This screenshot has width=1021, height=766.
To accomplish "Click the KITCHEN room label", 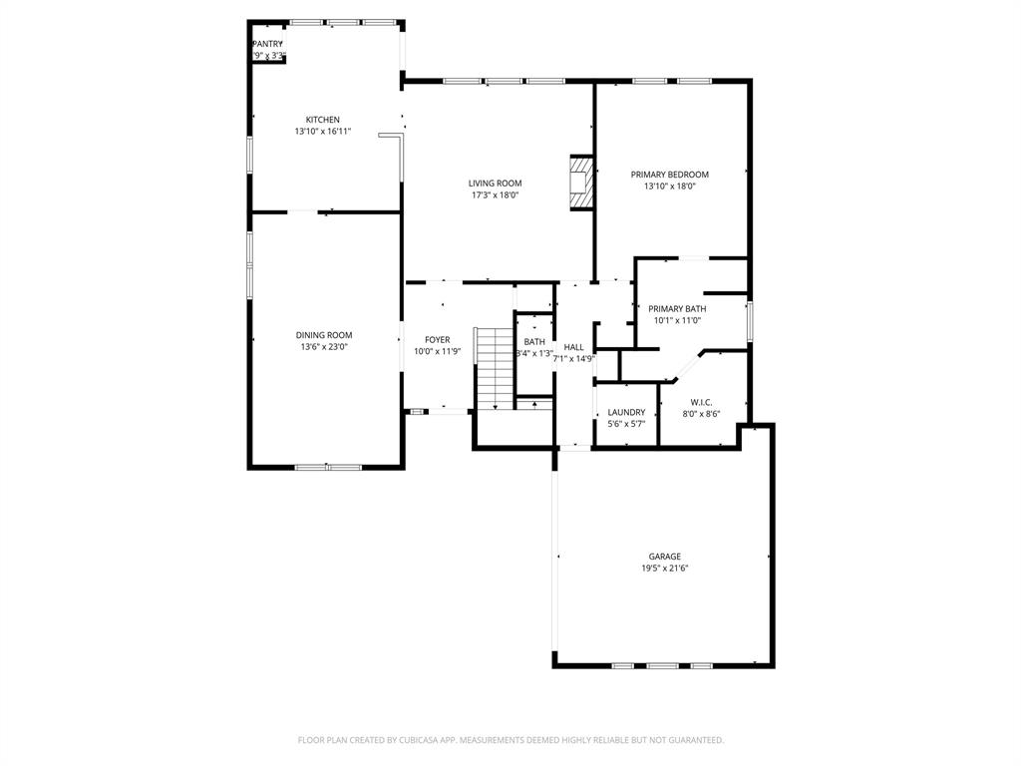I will coord(322,120).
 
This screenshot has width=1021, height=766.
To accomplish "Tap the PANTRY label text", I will coord(267,44).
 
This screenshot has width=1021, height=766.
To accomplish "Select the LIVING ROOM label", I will coord(496,184).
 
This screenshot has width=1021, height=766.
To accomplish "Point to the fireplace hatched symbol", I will coord(580,182).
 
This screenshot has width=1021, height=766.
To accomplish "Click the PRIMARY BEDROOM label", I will coord(669,175).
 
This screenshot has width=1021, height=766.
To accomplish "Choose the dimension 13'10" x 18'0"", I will coord(669,187).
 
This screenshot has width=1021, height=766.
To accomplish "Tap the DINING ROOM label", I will coord(323,335).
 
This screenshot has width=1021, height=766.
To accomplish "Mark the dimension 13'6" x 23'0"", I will coord(323,347).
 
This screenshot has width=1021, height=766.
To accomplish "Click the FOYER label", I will coord(437,340).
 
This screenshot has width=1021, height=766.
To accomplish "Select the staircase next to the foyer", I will coord(493,368).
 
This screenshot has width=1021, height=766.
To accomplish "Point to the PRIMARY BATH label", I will coord(677,309).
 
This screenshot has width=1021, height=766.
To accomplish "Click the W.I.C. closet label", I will coord(700,402).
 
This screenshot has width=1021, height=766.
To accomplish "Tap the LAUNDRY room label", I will coord(626,412).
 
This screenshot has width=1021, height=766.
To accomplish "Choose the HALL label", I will coord(573,347).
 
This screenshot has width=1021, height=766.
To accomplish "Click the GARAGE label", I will coord(665,557).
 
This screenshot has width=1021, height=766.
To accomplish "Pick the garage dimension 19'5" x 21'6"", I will coord(665,569).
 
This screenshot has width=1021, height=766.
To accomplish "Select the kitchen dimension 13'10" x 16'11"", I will coord(322,132).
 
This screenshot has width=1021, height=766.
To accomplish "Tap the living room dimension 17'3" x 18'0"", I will coord(496,195).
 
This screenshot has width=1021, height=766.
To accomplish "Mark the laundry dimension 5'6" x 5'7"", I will coord(626,424).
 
